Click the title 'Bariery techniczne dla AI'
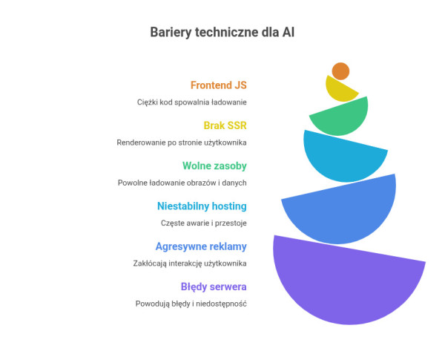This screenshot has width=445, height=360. point(222,32)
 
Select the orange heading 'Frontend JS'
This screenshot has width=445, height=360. point(218,85)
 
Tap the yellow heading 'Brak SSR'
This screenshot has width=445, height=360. point(225,125)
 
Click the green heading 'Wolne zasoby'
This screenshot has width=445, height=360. point(214,166)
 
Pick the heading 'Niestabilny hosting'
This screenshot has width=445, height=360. point(202,206)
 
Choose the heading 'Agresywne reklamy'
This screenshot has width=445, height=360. point(201,246)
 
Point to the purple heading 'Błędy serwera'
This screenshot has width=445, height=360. point(214,287)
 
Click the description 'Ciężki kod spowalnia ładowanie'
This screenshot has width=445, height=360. point(191,102)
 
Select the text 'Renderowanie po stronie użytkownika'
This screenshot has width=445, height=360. point(182,142)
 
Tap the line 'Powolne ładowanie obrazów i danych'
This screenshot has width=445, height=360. point(182,183)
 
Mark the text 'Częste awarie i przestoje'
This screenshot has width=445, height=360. point(204,223)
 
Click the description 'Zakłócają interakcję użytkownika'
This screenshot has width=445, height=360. point(190,263)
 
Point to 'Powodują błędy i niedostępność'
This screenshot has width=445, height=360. point(191,304)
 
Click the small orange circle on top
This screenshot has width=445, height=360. point(340,71)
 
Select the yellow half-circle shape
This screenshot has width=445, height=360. point(340,90)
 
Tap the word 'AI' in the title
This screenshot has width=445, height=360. point(288,32)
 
